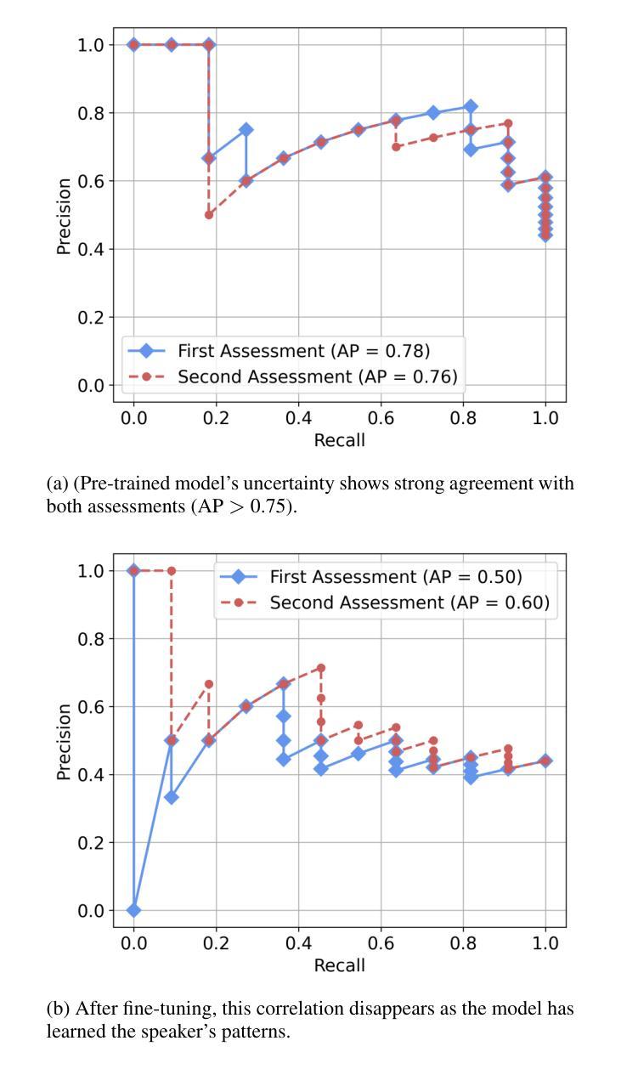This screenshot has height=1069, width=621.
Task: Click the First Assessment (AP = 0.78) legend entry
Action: (303, 350)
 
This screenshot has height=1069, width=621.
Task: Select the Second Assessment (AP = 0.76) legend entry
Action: (317, 376)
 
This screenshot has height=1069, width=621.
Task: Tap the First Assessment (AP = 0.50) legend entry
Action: (396, 577)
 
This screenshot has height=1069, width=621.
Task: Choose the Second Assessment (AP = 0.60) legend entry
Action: (409, 602)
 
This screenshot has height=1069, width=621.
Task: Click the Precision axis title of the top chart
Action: (64, 215)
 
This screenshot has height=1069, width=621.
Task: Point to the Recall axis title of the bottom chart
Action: (339, 965)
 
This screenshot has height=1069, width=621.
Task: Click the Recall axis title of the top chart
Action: (339, 440)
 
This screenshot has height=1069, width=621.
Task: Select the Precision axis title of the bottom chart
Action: (64, 741)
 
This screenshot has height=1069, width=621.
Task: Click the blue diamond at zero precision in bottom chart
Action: (133, 910)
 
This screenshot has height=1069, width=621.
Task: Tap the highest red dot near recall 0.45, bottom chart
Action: (320, 668)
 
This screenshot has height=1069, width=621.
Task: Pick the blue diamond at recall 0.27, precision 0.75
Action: (246, 130)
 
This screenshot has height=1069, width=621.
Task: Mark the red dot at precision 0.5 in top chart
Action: (209, 215)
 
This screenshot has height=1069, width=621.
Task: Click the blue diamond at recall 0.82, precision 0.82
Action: (471, 106)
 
